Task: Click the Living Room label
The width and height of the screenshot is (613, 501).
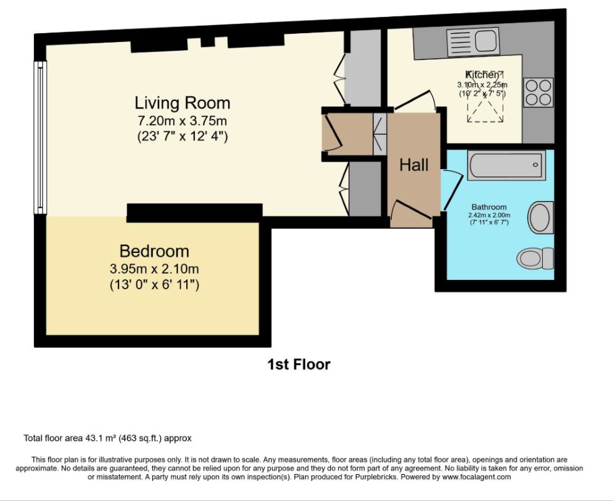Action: click(x=182, y=103)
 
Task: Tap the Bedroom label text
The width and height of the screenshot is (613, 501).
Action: click(x=154, y=251)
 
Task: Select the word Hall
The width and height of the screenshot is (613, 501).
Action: click(x=414, y=165)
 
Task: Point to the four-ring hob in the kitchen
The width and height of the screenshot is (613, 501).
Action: click(x=538, y=93)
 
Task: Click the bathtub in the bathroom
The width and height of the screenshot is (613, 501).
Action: click(x=506, y=165)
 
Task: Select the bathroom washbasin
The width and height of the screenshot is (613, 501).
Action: click(x=541, y=217)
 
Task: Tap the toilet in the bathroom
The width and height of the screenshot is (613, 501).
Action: click(x=535, y=259)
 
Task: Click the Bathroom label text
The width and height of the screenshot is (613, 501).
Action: click(x=489, y=207)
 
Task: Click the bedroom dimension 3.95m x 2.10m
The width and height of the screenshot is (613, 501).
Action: click(x=154, y=269)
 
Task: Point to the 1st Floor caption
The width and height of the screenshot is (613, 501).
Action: click(x=299, y=364)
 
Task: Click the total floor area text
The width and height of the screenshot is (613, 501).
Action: click(x=108, y=438)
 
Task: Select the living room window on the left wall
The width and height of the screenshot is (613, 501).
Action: click(x=40, y=137)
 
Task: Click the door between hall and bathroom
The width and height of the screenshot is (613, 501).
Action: click(x=452, y=190)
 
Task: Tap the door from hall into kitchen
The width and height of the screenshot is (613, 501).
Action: click(x=415, y=100)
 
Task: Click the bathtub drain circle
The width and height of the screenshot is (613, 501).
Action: click(x=535, y=165)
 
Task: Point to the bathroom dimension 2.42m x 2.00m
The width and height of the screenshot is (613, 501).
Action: click(x=489, y=215)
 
